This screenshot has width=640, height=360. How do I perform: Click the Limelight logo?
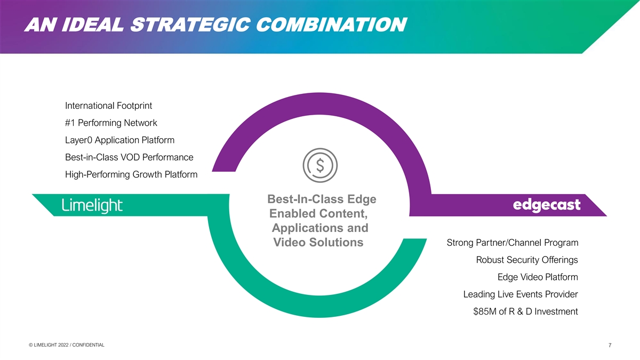click(x=92, y=205)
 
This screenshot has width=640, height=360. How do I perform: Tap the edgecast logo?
click(x=546, y=205)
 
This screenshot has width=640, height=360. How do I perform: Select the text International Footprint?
click(x=108, y=106)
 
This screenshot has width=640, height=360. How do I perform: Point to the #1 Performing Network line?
click(x=111, y=123)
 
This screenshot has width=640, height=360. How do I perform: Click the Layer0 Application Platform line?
click(x=119, y=140)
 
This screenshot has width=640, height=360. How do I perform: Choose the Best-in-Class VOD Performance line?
click(x=129, y=157)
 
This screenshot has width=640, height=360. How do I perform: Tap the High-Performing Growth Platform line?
click(x=131, y=174)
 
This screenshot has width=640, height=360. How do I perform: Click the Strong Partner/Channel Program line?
click(x=512, y=243)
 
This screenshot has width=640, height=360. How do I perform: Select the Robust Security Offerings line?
click(x=527, y=260)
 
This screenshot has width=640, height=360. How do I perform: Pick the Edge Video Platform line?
click(x=538, y=277)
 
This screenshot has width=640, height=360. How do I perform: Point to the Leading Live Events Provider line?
click(x=521, y=294)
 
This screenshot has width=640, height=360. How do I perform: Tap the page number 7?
click(x=610, y=346)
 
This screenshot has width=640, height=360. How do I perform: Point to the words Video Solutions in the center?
click(x=318, y=243)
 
